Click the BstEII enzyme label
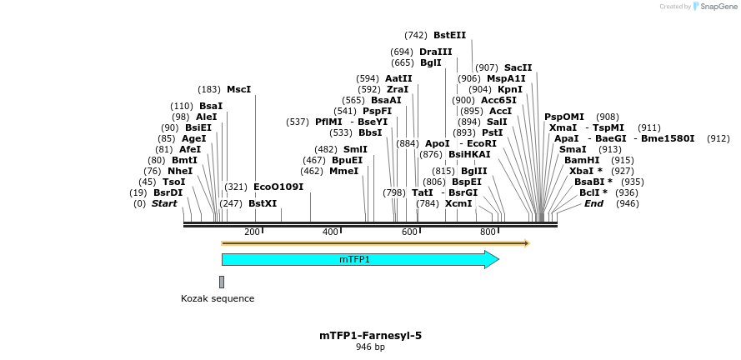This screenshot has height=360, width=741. (x=449, y=35)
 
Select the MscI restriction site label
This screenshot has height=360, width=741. (x=238, y=89)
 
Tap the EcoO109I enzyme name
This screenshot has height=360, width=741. (x=278, y=187)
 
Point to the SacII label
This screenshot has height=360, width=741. (x=518, y=67)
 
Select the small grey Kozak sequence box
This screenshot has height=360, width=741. (x=222, y=282)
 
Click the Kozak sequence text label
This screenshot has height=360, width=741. (x=218, y=298)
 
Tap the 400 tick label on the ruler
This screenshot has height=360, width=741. (x=330, y=232)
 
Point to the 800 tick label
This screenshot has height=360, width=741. (x=488, y=232)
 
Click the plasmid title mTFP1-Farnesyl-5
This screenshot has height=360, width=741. (x=370, y=335)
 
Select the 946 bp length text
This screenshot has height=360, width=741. (x=370, y=347)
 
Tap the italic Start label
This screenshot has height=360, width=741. (x=164, y=203)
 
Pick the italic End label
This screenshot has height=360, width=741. (x=593, y=203)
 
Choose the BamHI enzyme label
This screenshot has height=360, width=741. (x=582, y=160)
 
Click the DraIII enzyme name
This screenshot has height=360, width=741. (x=435, y=52)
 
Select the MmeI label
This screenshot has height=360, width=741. (x=343, y=171)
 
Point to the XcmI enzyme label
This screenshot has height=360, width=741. (x=458, y=203)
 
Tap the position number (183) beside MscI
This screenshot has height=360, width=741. (x=209, y=89)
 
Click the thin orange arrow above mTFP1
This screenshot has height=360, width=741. (x=375, y=243)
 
